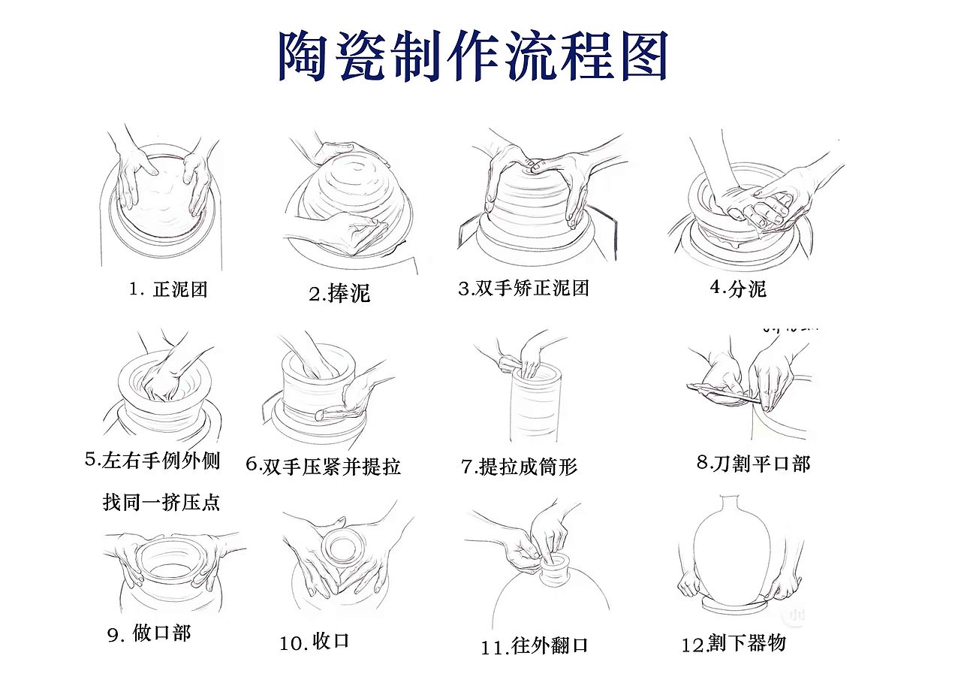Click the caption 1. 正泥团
[168, 289]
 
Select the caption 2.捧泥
[339, 294]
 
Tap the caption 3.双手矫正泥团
[523, 289]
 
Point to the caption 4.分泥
[738, 289]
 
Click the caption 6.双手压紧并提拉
[324, 466]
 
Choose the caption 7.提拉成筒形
[519, 467]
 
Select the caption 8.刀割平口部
[753, 464]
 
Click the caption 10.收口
[315, 642]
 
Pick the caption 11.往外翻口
[535, 646]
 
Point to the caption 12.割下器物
[734, 644]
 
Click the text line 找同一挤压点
[161, 502]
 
